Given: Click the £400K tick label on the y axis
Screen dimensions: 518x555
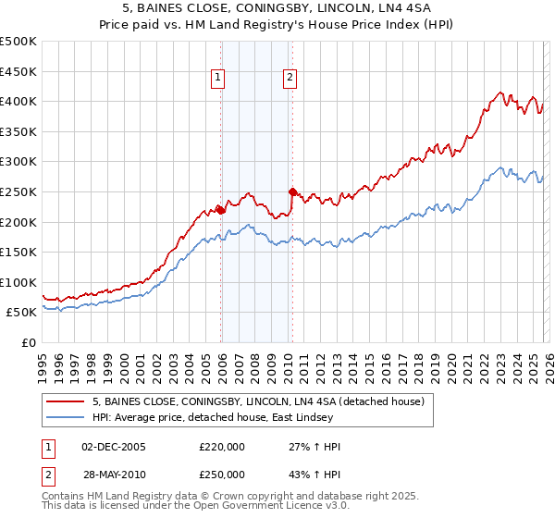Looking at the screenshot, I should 18,101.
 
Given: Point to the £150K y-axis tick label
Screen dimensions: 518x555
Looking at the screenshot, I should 18,252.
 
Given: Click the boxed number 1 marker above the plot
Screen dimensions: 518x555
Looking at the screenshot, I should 219,79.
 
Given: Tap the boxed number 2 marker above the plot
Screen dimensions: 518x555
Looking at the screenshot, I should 290,79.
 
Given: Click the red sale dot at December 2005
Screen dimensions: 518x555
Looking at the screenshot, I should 221,209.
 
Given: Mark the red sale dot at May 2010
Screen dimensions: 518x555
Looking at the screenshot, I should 293,191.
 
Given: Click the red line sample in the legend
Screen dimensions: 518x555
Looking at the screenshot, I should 65,401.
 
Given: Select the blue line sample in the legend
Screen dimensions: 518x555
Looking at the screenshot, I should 65,417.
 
